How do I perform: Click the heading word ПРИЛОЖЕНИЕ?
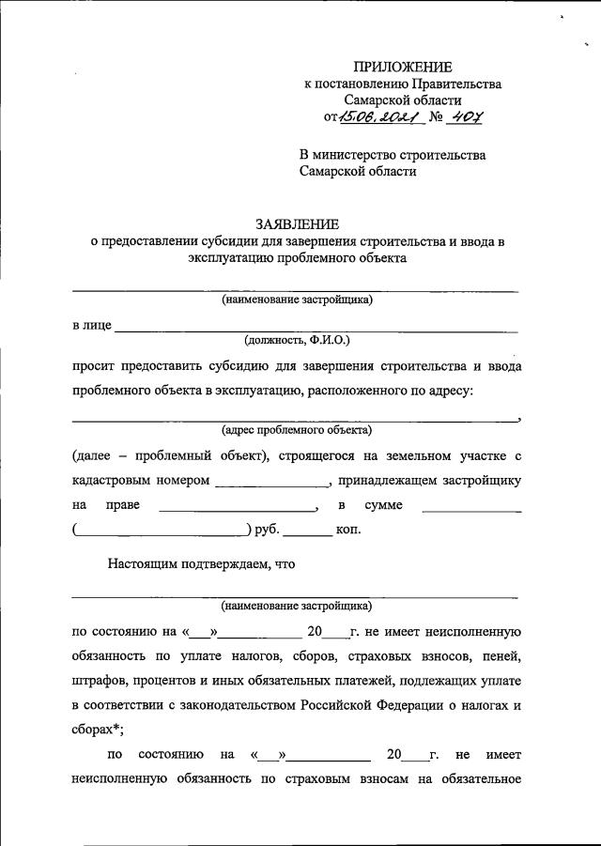[402, 67]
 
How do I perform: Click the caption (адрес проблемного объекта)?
[297, 430]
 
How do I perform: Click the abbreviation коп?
[348, 530]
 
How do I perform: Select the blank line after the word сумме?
[471, 509]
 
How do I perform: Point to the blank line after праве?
[239, 509]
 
